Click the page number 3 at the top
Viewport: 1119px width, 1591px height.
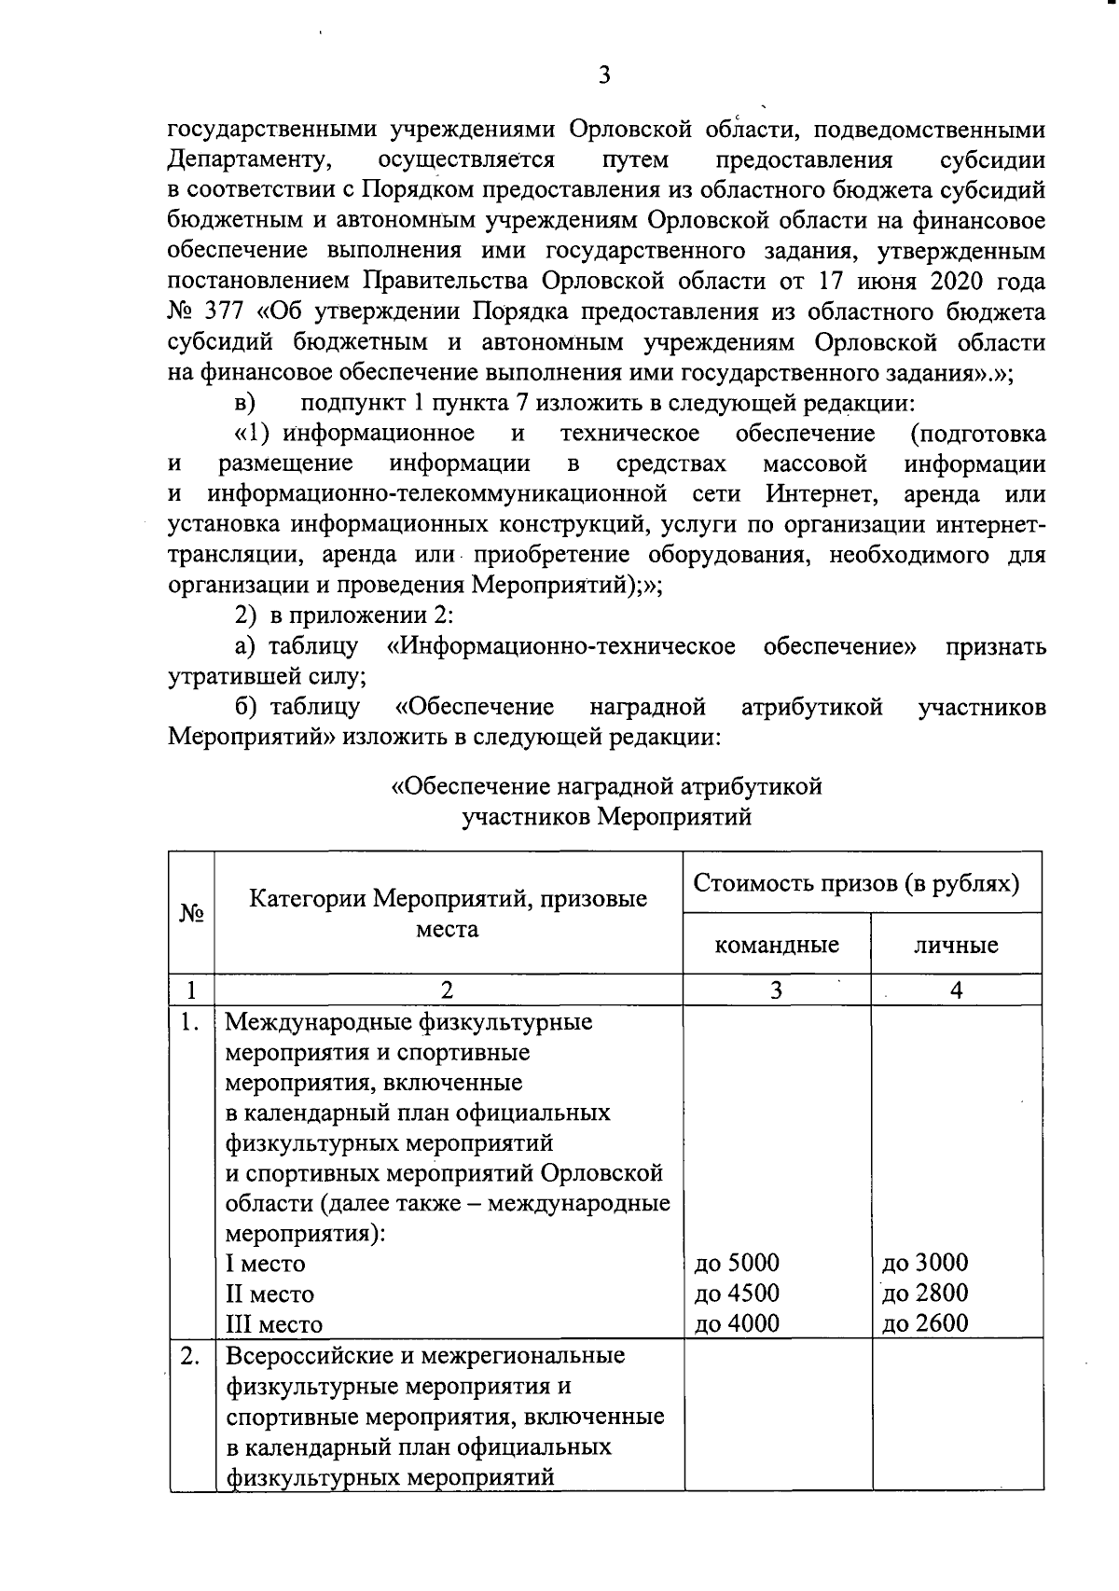pos(604,76)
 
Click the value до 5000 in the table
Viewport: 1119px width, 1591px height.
pos(737,1263)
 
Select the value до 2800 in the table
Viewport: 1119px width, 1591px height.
pos(925,1293)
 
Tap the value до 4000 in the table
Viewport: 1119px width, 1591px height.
pos(737,1322)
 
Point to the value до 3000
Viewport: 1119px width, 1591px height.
pos(925,1263)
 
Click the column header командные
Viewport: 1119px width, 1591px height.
pos(776,945)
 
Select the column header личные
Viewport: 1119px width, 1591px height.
pos(956,945)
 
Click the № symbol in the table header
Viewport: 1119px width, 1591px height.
pos(191,914)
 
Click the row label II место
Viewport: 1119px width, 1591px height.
pos(269,1294)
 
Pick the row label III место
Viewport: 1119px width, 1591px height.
pos(273,1324)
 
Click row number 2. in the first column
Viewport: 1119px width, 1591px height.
pos(190,1355)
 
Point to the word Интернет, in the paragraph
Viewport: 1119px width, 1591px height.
pos(821,493)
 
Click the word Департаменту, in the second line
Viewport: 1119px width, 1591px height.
pos(250,159)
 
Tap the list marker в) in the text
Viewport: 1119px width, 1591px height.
pos(244,404)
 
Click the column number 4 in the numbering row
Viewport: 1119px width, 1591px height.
pos(956,990)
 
